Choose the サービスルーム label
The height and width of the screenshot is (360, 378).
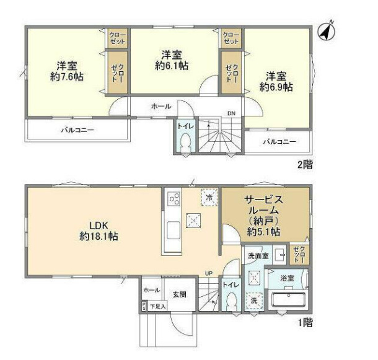coord(263,206)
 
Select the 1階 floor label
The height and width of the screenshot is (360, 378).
coord(304,323)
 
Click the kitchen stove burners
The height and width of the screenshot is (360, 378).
coord(173,200)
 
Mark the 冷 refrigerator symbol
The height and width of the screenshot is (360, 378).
coord(209,196)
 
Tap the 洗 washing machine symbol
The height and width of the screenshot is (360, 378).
coord(253,301)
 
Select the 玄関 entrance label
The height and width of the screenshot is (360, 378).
coord(179,294)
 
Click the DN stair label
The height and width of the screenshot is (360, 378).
coord(231,113)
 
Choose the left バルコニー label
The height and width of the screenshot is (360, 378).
coord(77,130)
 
